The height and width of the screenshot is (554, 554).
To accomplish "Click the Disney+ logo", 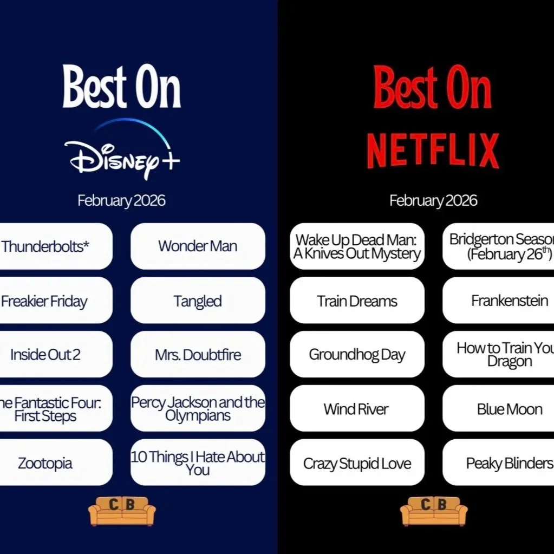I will [122, 152].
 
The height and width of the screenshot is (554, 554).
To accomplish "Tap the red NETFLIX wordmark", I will [433, 150].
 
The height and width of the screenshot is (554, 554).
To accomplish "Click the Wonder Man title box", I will [198, 246].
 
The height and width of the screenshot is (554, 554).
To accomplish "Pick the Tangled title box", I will [198, 301].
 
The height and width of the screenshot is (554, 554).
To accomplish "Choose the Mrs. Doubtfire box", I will [198, 355].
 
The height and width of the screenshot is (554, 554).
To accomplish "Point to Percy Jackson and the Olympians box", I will [198, 409].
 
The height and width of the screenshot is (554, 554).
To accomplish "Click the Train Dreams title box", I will [357, 301].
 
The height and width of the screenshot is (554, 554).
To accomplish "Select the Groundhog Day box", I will [357, 355].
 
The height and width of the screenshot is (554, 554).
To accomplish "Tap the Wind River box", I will [357, 409].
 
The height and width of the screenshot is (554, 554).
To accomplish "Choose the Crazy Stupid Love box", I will [357, 463].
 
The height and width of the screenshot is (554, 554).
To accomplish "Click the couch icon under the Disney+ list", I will [122, 511].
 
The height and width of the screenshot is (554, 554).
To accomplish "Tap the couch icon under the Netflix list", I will [433, 511].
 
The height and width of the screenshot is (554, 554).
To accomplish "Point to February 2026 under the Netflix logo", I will [433, 201].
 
